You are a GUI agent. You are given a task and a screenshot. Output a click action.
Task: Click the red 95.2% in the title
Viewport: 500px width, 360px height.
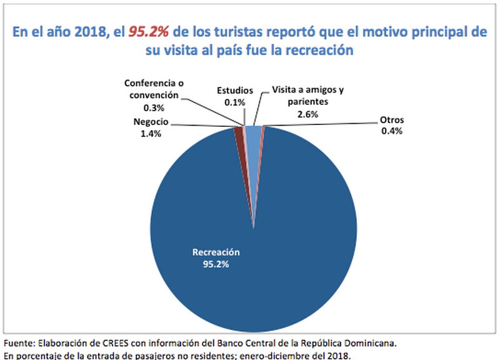[x=149, y=32]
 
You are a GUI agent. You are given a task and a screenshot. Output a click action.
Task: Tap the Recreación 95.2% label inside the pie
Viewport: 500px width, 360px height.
[x=216, y=258]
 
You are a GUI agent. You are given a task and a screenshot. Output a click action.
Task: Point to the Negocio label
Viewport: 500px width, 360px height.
[x=151, y=123]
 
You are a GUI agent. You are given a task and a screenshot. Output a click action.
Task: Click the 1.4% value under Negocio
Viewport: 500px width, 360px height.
[x=151, y=134]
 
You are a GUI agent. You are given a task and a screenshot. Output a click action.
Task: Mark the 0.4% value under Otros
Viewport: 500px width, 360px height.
[x=393, y=132]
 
